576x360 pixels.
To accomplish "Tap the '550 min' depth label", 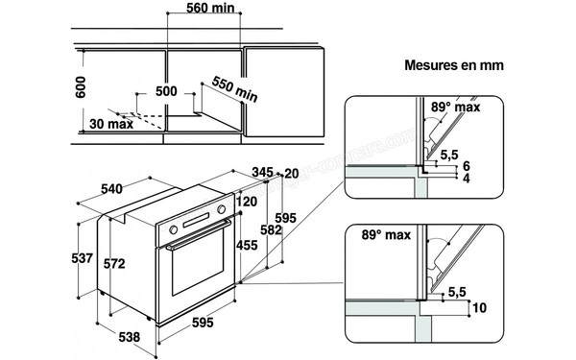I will pos(234,92).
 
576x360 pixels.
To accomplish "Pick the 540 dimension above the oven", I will pos(117,188).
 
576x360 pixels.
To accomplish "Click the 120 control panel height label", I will pos(247,203).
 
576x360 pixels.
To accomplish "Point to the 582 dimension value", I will pos(272,232).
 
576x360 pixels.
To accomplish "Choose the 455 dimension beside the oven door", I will pos(246,246).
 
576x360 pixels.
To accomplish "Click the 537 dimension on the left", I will pos(83,258).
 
